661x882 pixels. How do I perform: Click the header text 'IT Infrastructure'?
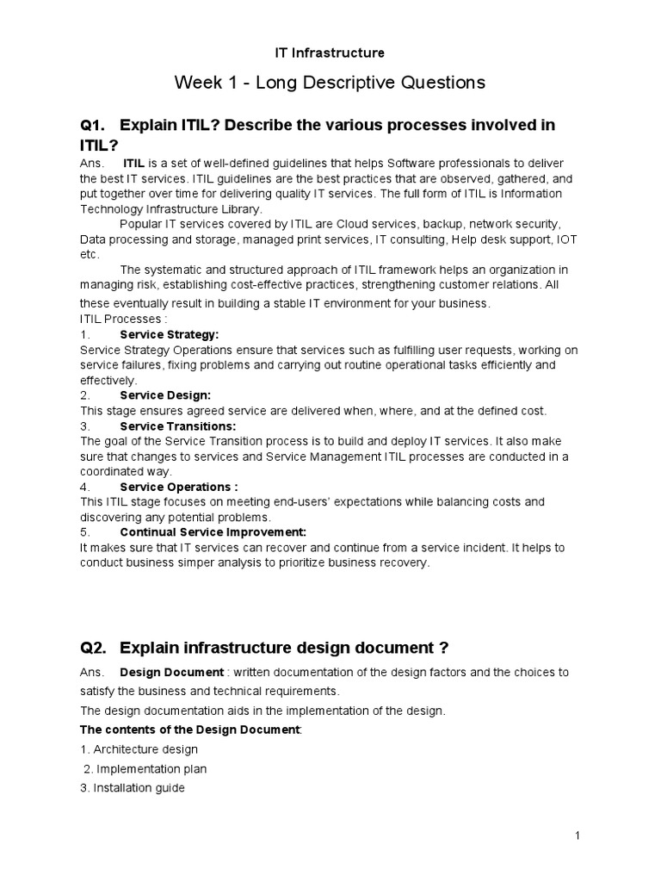pyautogui.click(x=330, y=53)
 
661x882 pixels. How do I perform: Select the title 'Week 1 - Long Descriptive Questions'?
pyautogui.click(x=330, y=83)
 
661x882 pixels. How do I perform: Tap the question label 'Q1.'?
pyautogui.click(x=92, y=126)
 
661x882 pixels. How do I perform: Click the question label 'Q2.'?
pyautogui.click(x=92, y=648)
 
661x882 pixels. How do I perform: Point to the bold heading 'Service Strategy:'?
pyautogui.click(x=170, y=334)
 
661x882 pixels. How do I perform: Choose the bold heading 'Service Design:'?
pyautogui.click(x=165, y=395)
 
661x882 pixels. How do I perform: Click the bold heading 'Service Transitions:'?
pyautogui.click(x=177, y=425)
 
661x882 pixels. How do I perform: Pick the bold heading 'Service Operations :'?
pyautogui.click(x=179, y=487)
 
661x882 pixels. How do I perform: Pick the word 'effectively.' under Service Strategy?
pyautogui.click(x=108, y=380)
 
